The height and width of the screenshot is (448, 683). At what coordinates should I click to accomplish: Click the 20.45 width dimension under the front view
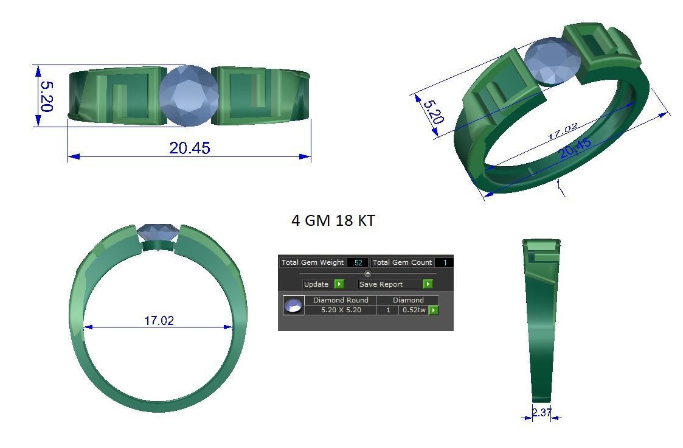190,148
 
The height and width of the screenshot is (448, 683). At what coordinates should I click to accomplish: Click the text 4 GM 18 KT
333,220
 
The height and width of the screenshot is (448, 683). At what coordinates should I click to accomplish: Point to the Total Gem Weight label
313,262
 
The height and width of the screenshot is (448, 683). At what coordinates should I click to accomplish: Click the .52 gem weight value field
358,262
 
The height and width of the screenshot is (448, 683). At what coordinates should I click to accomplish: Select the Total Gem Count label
402,262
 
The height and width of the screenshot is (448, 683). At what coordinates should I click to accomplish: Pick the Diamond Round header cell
341,300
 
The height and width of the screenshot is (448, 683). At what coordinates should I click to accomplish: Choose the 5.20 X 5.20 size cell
341,310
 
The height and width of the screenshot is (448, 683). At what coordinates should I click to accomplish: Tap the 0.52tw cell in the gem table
414,310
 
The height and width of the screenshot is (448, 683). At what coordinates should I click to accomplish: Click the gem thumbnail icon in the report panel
293,306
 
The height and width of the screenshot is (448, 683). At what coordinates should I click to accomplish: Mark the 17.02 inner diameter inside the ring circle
159,320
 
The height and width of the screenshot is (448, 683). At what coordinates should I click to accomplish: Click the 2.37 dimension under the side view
541,413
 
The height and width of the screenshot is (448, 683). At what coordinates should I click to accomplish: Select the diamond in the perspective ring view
551,61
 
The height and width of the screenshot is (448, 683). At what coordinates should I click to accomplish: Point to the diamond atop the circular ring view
158,232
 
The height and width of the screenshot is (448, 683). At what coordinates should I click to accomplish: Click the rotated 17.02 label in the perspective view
562,131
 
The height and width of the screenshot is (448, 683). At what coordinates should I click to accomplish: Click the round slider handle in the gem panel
368,273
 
